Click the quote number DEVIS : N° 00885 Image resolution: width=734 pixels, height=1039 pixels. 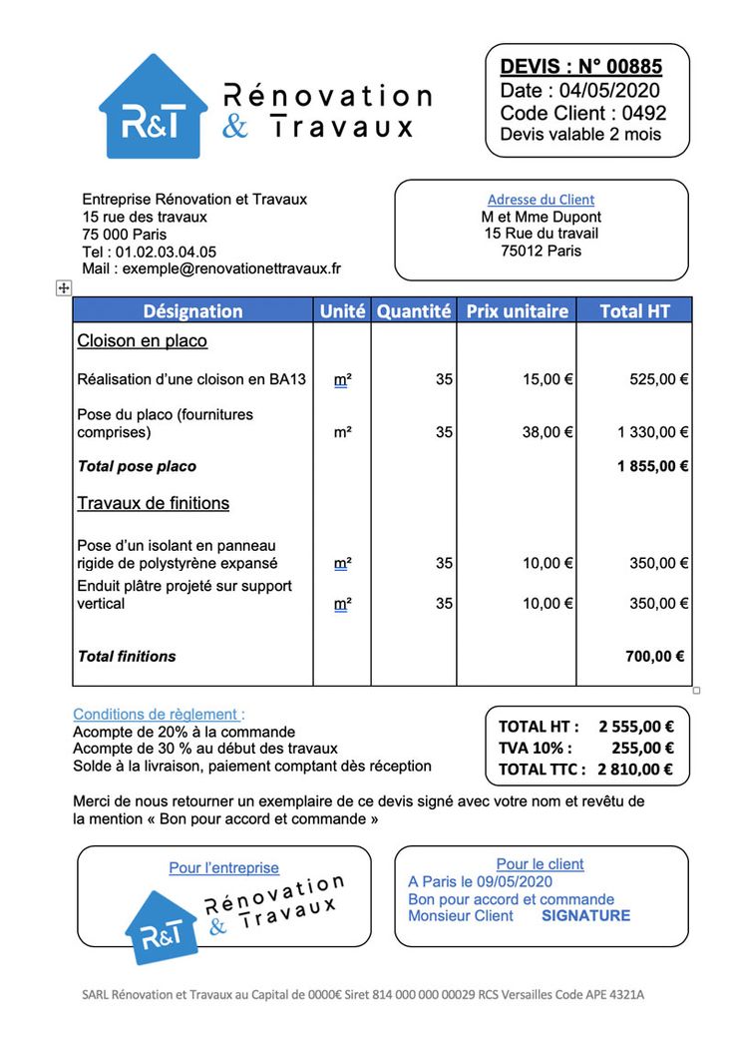580,67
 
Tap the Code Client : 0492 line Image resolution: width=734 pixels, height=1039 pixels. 582,113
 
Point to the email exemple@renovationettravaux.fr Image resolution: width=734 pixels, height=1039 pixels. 231,268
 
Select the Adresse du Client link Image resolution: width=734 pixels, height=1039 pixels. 541,200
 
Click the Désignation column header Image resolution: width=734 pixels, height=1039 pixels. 192,310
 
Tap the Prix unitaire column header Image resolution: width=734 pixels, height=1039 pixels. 517,310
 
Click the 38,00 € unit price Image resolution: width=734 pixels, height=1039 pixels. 548,432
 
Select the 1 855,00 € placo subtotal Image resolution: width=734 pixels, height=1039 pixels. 653,466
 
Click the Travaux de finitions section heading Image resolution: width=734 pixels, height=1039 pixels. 154,503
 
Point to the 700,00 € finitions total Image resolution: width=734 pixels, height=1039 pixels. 654,656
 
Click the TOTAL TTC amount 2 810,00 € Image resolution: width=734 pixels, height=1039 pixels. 635,769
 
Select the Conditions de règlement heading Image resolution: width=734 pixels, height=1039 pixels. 158,715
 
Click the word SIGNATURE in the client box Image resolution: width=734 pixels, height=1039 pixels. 585,915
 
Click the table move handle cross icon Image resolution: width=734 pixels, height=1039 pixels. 63,287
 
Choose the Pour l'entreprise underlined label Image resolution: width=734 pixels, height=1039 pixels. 223,868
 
